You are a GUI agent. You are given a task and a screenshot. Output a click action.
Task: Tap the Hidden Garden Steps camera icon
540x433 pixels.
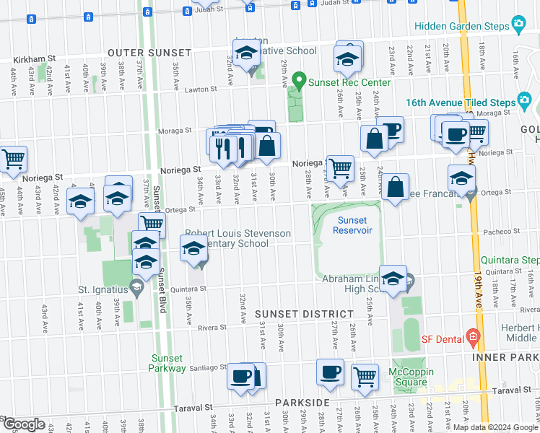coord(518,25)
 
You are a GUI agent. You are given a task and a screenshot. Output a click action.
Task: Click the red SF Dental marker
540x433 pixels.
coord(474,336)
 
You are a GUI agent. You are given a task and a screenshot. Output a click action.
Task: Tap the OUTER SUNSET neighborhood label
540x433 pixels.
coord(149,53)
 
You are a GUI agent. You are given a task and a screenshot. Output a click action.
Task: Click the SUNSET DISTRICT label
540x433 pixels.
coord(304,314)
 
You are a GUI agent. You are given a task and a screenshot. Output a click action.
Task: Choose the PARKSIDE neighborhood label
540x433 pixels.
coord(302,402)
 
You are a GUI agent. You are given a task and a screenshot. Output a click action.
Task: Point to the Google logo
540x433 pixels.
coord(24,424)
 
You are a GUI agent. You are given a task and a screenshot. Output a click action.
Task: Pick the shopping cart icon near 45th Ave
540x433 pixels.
coord(12,159)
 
